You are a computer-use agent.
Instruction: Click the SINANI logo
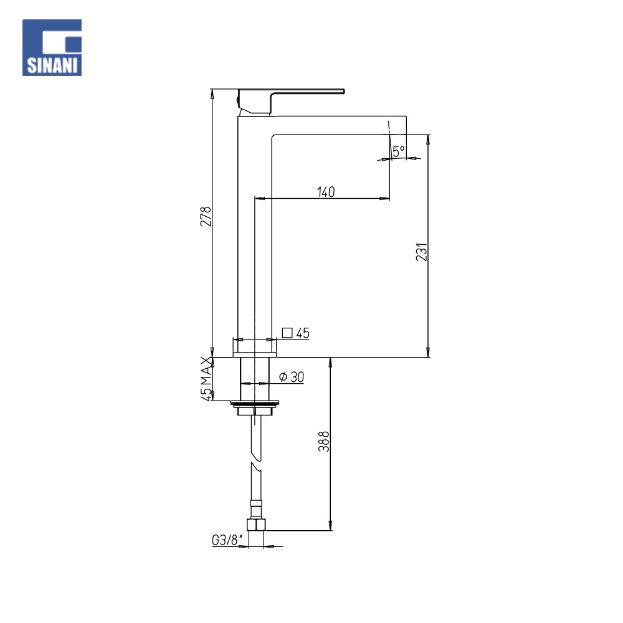(x=52, y=48)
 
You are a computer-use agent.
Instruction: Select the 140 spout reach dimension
(x=326, y=192)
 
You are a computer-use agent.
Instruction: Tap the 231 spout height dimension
(x=422, y=252)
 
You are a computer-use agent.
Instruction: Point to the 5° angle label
(x=398, y=150)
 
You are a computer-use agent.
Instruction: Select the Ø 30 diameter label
(x=292, y=376)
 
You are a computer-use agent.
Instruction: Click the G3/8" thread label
(x=225, y=541)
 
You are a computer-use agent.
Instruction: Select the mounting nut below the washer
(x=255, y=411)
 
